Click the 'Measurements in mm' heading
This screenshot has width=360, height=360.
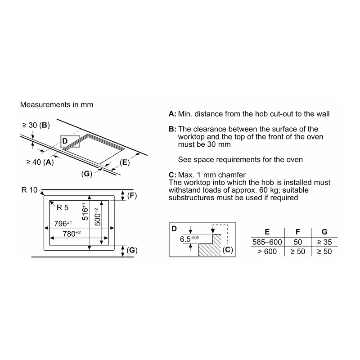[57, 105]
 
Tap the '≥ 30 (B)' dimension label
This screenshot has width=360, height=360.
[36, 125]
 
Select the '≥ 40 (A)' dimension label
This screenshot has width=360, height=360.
[40, 162]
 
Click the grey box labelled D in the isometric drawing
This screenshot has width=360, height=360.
[70, 141]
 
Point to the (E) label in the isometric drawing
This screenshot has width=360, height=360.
[125, 162]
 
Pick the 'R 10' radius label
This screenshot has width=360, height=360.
[29, 190]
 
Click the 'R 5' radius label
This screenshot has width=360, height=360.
[63, 207]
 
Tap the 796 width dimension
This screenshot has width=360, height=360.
[63, 223]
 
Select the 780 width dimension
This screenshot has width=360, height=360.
[72, 234]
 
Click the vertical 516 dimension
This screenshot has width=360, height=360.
[85, 211]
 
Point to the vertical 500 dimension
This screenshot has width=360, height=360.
[97, 217]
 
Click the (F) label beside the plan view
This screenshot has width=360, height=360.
[132, 196]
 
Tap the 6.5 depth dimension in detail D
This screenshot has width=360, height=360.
[189, 239]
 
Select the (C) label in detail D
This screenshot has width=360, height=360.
[228, 249]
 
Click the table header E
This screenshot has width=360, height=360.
[267, 232]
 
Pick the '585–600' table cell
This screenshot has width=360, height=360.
[267, 242]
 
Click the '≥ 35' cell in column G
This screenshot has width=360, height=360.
[324, 242]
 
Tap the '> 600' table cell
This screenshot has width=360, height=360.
[267, 252]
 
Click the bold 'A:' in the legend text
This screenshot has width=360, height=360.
[172, 114]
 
